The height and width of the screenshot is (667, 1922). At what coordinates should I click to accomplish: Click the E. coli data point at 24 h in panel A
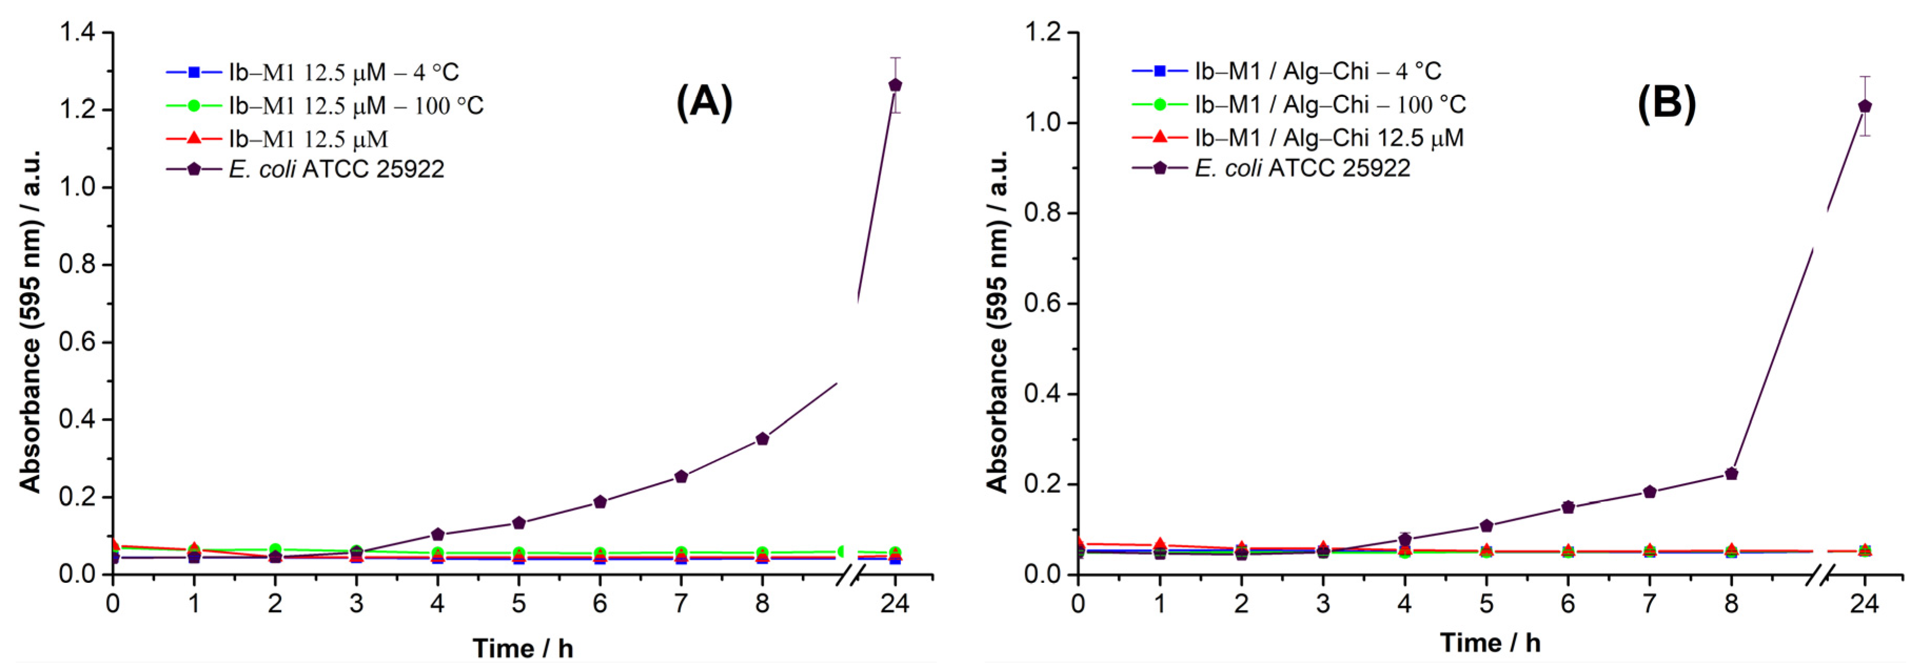895,85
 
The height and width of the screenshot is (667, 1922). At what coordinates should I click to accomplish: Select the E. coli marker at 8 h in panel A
762,439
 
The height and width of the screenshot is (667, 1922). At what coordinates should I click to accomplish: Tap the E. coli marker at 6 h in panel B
1568,507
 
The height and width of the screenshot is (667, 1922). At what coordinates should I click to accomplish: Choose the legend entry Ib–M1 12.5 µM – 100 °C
356,106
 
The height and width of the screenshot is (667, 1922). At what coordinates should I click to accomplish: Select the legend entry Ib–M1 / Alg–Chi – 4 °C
1317,72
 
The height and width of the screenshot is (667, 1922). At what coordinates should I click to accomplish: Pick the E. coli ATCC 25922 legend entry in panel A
336,170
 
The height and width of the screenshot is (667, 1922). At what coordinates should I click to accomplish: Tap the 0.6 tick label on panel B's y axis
1042,304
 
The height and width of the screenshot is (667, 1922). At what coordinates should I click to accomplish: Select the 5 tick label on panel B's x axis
1485,603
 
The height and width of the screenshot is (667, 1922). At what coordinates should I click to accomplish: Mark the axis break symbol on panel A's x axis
851,574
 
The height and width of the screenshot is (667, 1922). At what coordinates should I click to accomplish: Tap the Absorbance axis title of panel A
30,321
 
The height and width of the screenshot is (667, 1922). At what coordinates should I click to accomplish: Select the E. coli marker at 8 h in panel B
1731,474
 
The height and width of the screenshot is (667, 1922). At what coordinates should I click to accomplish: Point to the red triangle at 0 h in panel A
113,545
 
